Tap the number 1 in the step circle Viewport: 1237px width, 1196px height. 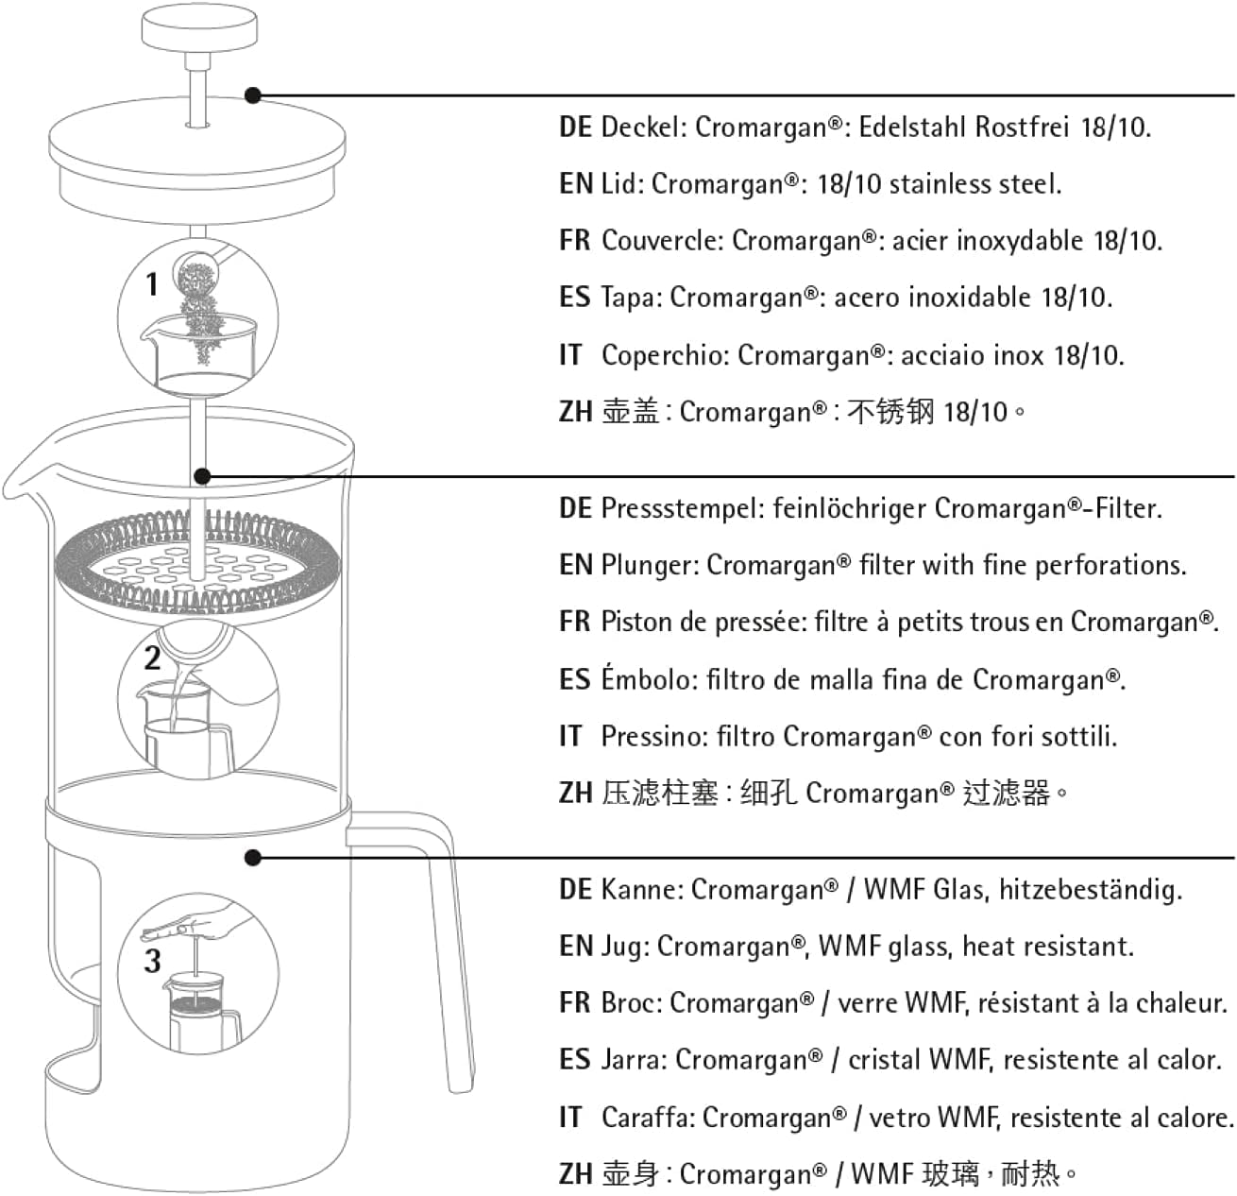pyautogui.click(x=152, y=283)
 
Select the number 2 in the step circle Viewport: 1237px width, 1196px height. pyautogui.click(x=152, y=658)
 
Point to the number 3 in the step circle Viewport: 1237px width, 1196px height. pyautogui.click(x=152, y=961)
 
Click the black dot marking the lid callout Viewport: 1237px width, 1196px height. pyautogui.click(x=253, y=95)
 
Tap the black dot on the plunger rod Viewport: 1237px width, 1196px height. pyautogui.click(x=202, y=475)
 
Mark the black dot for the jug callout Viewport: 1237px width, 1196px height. pyautogui.click(x=253, y=858)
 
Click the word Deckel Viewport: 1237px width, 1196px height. pyautogui.click(x=643, y=128)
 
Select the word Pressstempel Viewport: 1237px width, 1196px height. pyautogui.click(x=682, y=508)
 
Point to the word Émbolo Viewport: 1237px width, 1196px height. pyautogui.click(x=650, y=678)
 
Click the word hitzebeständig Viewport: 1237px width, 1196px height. pyautogui.click(x=1090, y=890)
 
